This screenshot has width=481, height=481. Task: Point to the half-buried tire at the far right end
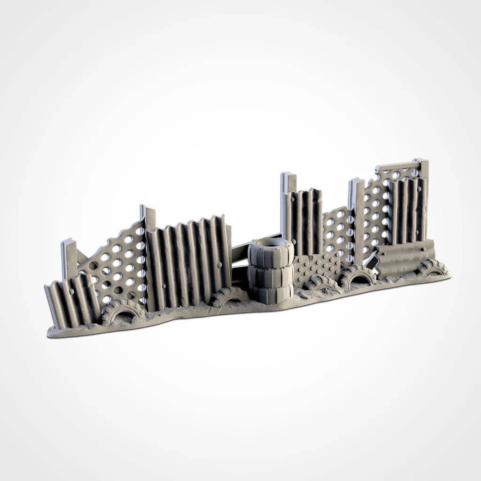click(x=431, y=268)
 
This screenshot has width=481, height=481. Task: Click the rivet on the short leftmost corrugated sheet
click(x=71, y=291)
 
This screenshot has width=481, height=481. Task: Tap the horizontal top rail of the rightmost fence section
click(x=397, y=166)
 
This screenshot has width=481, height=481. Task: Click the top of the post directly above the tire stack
click(x=288, y=178)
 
